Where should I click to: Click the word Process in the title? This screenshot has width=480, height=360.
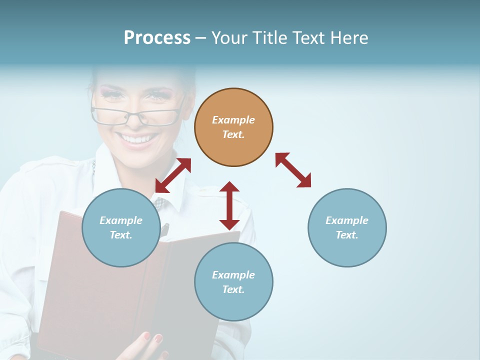157,38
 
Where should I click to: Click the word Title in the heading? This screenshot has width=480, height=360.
269,38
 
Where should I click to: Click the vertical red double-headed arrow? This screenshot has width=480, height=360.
229,205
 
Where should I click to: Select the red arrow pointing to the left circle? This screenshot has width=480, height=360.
173,175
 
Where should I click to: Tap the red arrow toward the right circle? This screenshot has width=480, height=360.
293,170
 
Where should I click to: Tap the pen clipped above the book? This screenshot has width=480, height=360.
164,230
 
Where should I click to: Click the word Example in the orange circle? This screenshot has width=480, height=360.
233,120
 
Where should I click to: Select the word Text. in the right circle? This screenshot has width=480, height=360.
347,235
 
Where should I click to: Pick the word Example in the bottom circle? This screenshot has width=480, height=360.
233,275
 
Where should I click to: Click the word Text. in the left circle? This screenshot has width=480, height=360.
121,235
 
